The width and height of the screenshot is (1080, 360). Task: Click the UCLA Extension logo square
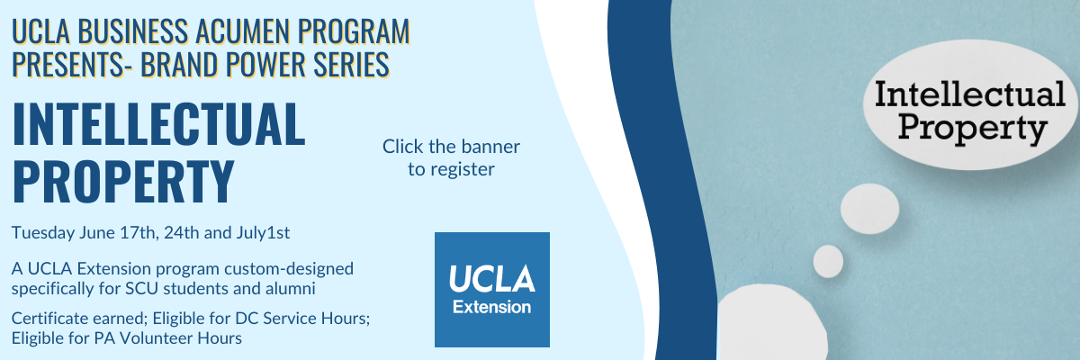tap(491, 290)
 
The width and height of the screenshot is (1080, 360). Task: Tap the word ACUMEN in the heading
tap(242, 31)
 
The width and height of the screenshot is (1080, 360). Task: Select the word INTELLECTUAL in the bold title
tap(158, 124)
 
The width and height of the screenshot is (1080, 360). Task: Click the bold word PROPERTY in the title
tap(123, 181)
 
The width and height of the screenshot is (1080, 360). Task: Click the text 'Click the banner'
tap(451, 147)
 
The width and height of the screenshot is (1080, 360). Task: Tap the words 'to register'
tap(451, 169)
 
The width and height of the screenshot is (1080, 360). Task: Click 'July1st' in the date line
tap(263, 233)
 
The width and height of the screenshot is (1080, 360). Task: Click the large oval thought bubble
tap(970, 104)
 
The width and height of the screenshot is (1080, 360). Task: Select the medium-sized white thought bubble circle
tap(869, 209)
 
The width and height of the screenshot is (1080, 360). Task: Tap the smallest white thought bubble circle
tap(828, 261)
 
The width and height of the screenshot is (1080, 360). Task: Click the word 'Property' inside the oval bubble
tap(973, 128)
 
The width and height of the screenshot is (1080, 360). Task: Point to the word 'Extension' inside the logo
tap(491, 307)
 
